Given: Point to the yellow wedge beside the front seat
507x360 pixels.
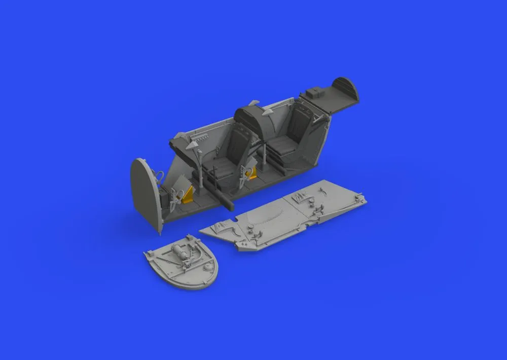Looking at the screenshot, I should click(x=249, y=174).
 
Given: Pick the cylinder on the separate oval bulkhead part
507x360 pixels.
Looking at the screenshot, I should click(x=178, y=251).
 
